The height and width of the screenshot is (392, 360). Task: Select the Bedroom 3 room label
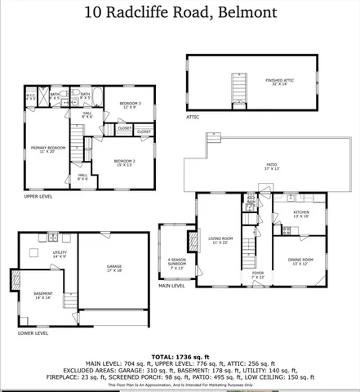pyautogui.click(x=131, y=105)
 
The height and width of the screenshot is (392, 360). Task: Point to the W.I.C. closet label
pyautogui.click(x=30, y=97)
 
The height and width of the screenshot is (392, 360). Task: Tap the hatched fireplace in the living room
pyautogui.click(x=193, y=242)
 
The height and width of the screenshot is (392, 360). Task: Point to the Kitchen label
pyautogui.click(x=301, y=214)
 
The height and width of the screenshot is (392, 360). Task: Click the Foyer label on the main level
pyautogui.click(x=257, y=275)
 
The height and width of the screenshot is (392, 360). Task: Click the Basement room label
pyautogui.click(x=42, y=296)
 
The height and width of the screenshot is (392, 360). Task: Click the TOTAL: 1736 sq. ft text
pyautogui.click(x=179, y=357)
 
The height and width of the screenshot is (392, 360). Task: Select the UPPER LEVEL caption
pyautogui.click(x=40, y=197)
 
